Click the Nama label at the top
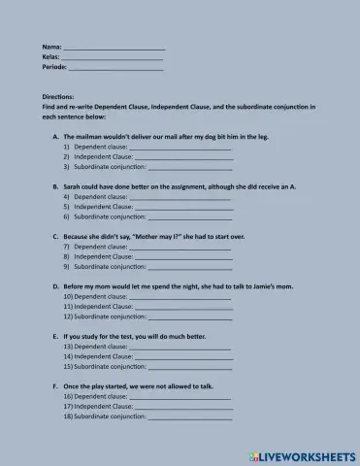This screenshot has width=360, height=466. (x=51, y=47)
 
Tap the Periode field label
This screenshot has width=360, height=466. (x=54, y=68)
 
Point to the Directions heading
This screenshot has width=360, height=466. (x=58, y=97)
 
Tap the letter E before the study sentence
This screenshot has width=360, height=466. (x=54, y=336)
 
